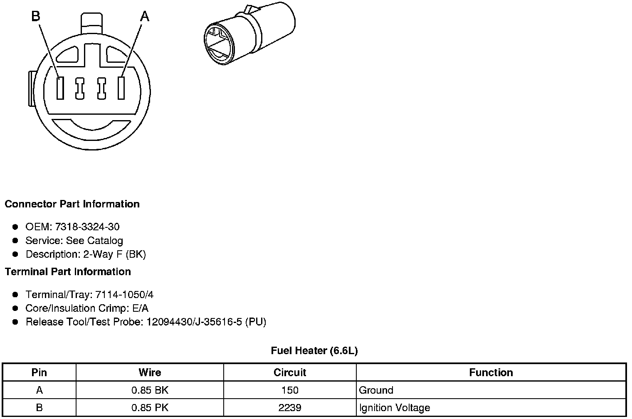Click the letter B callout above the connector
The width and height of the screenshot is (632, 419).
(36, 16)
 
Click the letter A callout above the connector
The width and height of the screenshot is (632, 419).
(145, 16)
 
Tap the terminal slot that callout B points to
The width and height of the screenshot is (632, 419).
(60, 88)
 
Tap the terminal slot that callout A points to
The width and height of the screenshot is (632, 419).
(121, 88)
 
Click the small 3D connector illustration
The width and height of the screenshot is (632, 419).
(249, 33)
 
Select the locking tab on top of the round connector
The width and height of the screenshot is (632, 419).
(92, 23)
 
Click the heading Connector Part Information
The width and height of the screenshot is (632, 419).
(72, 204)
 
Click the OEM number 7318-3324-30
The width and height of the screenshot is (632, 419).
(87, 227)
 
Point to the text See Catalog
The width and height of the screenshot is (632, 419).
(94, 240)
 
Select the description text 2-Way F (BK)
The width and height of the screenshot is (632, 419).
(115, 254)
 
